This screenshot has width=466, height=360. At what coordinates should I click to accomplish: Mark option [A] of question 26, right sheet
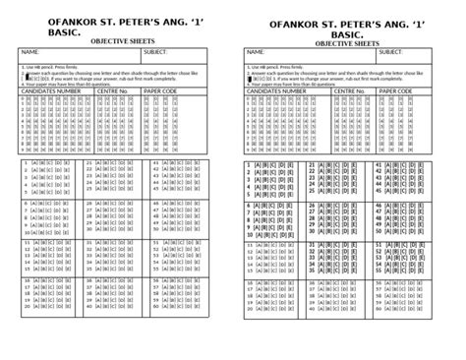coord(324,206)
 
